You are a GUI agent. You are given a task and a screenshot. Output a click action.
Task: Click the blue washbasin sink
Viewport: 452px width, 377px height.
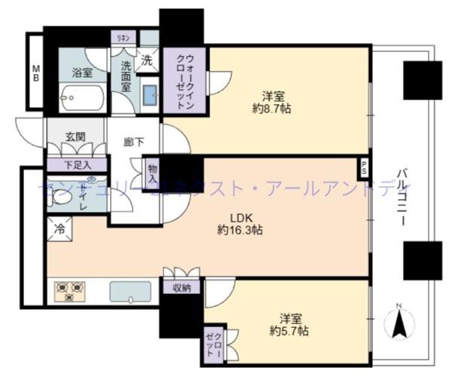click(148, 95)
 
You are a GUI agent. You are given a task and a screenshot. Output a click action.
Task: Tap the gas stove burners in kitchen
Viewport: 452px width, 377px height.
click(69, 291)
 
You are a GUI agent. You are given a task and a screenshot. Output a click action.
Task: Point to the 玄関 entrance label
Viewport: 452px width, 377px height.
click(74, 137)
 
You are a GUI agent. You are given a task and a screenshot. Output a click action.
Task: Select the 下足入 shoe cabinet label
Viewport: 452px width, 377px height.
click(77, 164)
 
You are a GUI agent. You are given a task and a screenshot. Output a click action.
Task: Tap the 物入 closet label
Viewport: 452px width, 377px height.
click(152, 176)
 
